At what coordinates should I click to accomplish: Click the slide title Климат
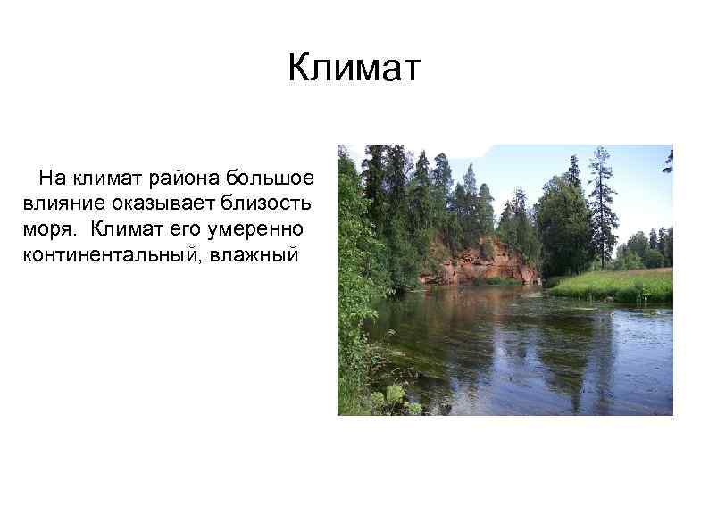tap(354, 69)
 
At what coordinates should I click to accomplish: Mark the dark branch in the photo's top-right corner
tap(667, 160)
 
